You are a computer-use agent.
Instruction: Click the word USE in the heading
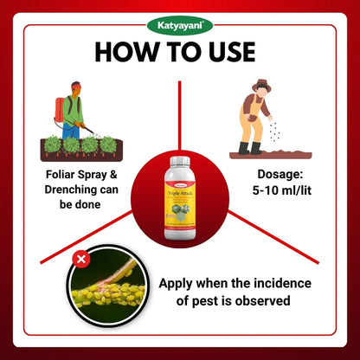[224, 53]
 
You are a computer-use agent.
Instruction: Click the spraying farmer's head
[75, 88]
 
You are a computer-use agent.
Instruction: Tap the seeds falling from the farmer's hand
[276, 130]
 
